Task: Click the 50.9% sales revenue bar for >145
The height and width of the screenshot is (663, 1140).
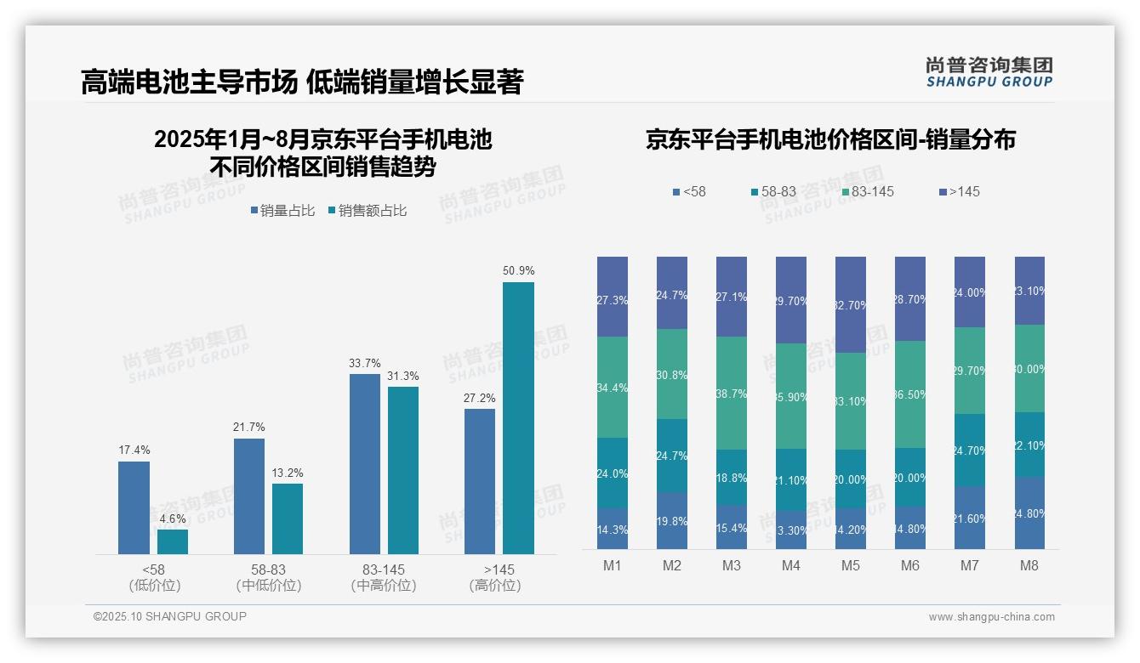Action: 518,417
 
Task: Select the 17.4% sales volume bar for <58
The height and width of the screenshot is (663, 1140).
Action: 134,507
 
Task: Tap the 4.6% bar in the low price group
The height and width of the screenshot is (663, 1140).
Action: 173,541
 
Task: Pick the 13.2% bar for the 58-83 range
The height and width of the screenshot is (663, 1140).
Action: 288,518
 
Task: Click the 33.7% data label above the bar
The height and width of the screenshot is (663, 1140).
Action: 364,363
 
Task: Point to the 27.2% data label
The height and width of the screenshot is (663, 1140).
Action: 480,398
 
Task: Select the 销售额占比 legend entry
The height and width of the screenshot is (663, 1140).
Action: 367,211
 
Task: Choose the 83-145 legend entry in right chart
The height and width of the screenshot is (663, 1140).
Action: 867,192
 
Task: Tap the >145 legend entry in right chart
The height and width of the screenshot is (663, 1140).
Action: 959,192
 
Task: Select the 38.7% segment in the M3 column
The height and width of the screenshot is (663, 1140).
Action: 732,393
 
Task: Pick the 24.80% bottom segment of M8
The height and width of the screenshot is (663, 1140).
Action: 1029,513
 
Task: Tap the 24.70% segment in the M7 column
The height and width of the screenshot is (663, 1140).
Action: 970,450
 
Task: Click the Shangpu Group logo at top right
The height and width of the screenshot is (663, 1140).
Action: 989,72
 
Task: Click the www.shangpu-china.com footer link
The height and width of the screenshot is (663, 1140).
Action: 991,617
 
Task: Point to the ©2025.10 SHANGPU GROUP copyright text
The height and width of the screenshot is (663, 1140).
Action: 170,616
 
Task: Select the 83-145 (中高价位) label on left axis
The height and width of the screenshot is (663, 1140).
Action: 384,577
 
